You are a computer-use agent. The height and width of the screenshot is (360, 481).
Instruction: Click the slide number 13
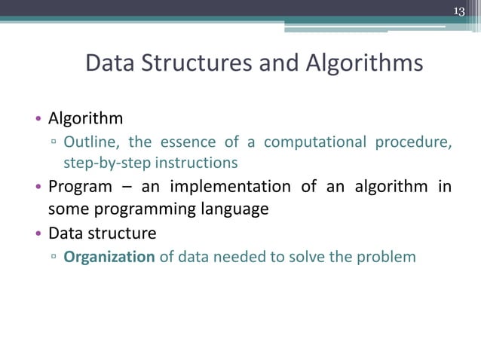pyautogui.click(x=459, y=10)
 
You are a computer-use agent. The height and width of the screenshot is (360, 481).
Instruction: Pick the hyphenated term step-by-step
pyautogui.click(x=97, y=163)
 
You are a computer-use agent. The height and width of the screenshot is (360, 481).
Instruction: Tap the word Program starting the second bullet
pyautogui.click(x=80, y=187)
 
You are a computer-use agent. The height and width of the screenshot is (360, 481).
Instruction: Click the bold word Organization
pyautogui.click(x=109, y=257)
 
